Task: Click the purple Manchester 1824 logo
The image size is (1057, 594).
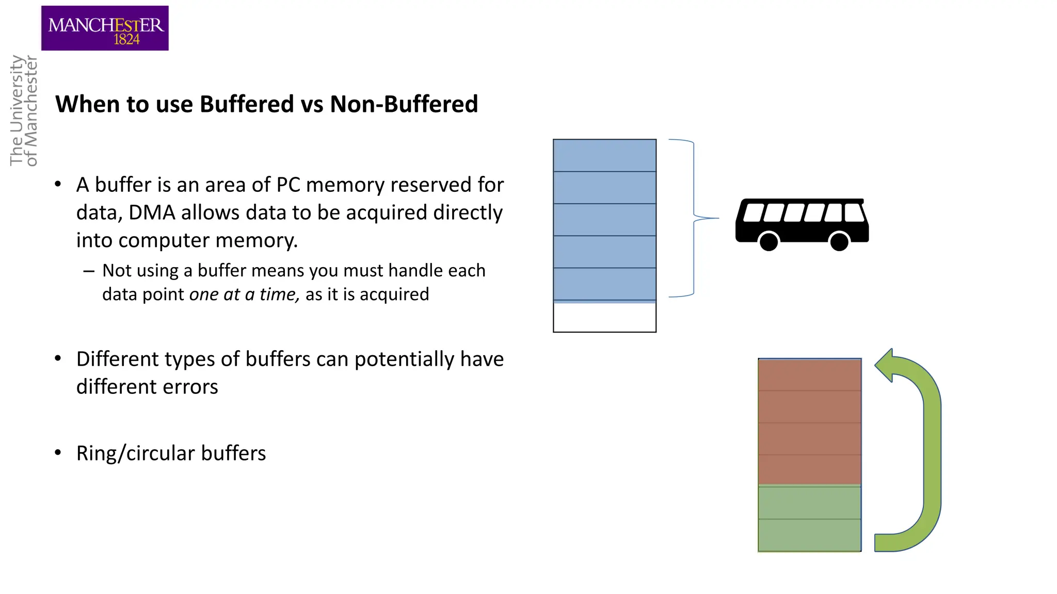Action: click(105, 28)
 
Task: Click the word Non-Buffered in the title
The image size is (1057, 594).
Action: click(404, 104)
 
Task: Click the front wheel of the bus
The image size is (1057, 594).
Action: click(768, 241)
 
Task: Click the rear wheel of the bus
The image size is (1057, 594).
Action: click(839, 241)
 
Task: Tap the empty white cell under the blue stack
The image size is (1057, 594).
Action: click(604, 317)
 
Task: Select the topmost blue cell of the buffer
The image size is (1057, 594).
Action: click(604, 155)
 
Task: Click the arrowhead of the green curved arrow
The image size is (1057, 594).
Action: click(886, 365)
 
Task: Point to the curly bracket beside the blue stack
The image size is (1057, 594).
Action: click(694, 218)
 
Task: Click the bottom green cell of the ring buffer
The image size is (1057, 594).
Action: click(809, 535)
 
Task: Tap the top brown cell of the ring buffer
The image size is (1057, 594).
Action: click(809, 375)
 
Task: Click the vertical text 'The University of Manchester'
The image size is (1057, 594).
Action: click(24, 111)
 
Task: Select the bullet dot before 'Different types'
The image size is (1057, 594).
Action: click(58, 358)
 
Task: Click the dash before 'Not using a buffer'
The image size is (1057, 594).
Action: click(89, 271)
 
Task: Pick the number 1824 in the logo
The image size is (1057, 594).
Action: click(126, 39)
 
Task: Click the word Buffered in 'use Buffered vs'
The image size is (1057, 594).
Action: click(247, 104)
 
